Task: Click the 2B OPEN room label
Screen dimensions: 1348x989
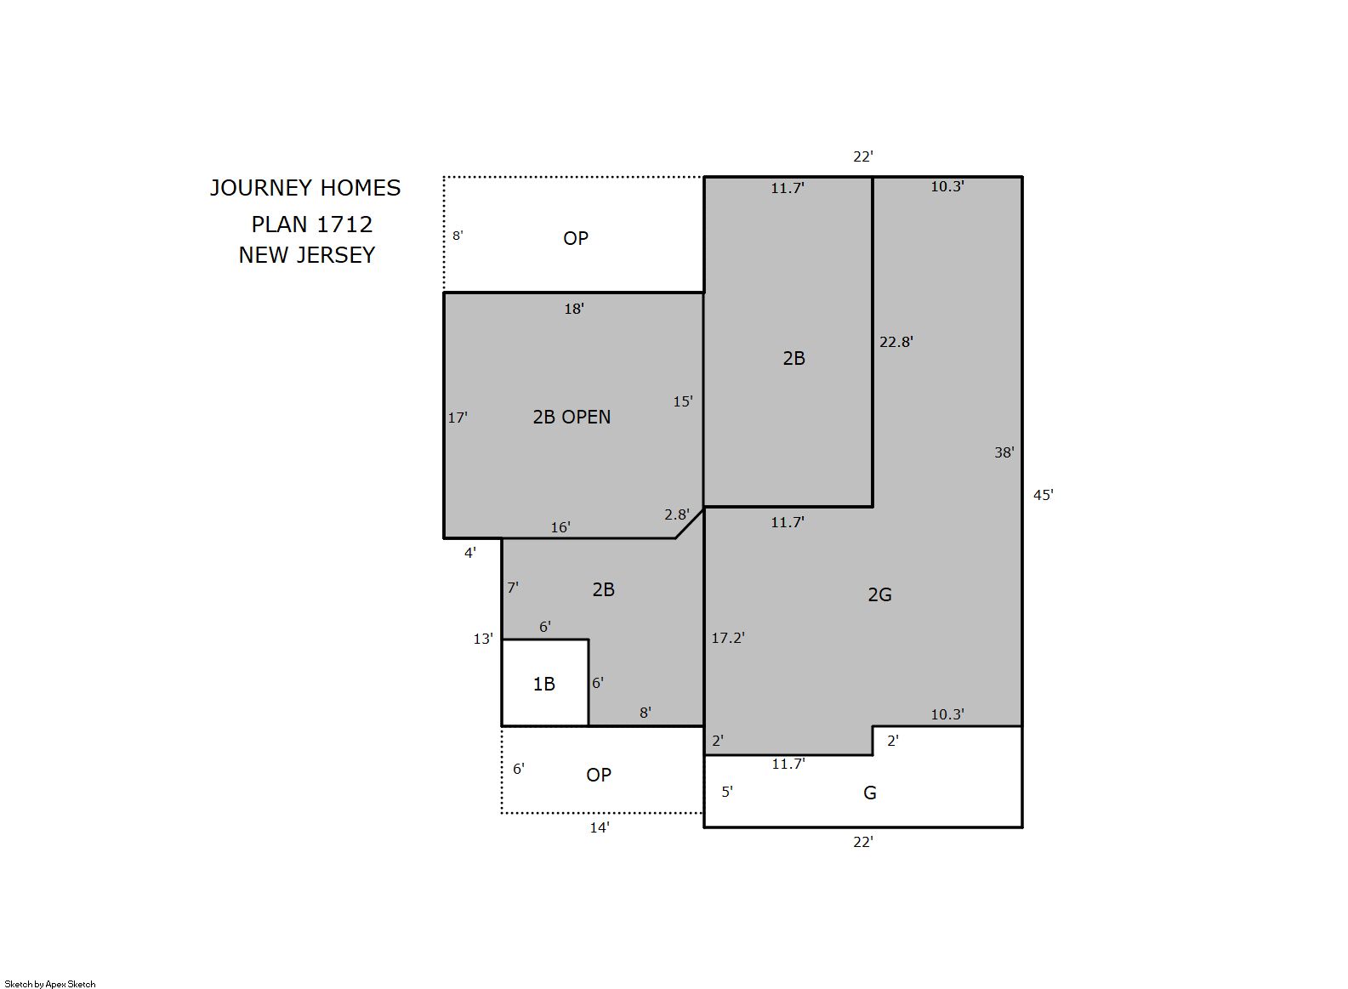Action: (572, 417)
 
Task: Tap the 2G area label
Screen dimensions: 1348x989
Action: (879, 595)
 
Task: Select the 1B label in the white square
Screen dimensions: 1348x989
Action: (544, 684)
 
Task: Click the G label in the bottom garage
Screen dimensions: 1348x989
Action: (869, 793)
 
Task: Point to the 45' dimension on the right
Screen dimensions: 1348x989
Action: (1043, 495)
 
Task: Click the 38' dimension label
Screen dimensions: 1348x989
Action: (1004, 452)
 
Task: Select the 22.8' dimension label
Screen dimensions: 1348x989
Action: (896, 342)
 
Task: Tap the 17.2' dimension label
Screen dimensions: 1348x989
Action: (728, 638)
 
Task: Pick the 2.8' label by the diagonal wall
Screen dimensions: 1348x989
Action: (677, 514)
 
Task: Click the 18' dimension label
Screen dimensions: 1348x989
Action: (574, 309)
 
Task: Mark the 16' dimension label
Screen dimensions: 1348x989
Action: (560, 527)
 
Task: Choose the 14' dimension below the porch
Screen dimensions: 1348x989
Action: (600, 827)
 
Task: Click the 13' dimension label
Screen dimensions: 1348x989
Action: (482, 639)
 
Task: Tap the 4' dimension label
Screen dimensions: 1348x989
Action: (470, 553)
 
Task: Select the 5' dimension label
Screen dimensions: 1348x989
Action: (727, 792)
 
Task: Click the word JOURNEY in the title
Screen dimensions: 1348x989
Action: (260, 188)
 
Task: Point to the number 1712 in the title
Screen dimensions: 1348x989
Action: (344, 225)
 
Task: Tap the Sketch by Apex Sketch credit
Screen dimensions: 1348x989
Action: (50, 984)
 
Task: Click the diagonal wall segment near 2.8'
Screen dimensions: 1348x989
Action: (689, 523)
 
